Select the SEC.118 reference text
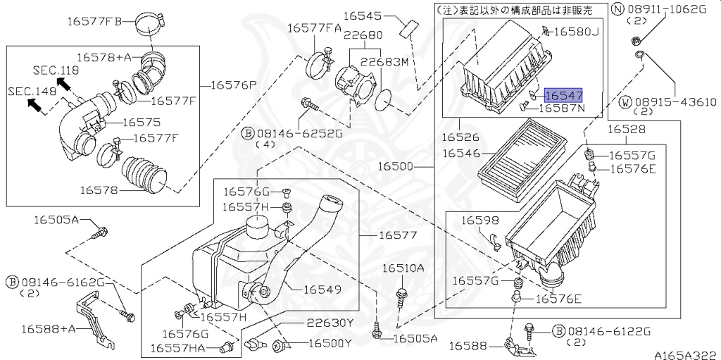coord(56,70)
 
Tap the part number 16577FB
coord(94,21)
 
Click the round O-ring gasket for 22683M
coord(384,101)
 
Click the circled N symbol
coord(617,9)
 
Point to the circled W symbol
coord(625,102)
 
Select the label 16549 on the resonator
coord(322,289)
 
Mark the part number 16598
coord(480,221)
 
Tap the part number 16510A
coord(403,268)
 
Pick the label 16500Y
coord(329,344)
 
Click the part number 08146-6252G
coord(299,132)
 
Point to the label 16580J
coord(575,32)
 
